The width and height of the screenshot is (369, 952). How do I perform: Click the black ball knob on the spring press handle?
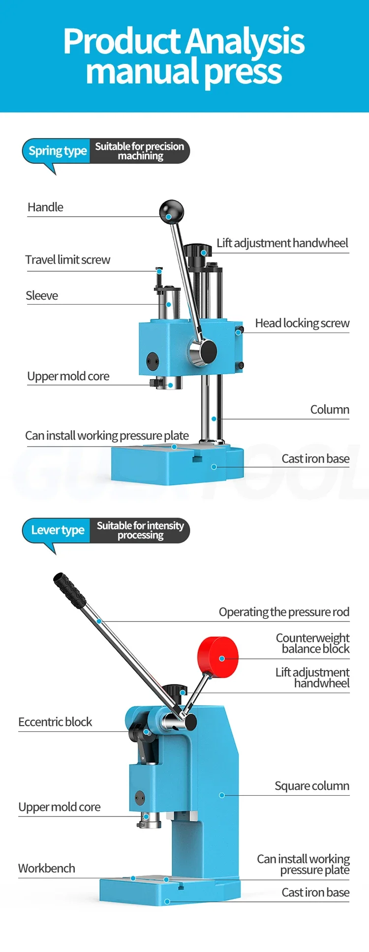pyautogui.click(x=171, y=212)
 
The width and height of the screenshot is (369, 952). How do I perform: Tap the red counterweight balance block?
pyautogui.click(x=218, y=657)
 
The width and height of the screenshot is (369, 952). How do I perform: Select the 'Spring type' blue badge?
pyautogui.click(x=57, y=151)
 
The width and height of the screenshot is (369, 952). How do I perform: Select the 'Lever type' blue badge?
pyautogui.click(x=57, y=531)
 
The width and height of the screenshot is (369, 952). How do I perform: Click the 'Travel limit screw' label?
pyautogui.click(x=68, y=260)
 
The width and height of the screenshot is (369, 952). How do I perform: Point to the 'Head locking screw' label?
pyautogui.click(x=302, y=323)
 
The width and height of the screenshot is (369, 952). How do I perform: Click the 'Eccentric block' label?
pyautogui.click(x=55, y=722)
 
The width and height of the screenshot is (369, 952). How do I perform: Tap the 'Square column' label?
pyautogui.click(x=312, y=786)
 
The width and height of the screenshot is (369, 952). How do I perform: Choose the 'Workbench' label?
pyautogui.click(x=47, y=868)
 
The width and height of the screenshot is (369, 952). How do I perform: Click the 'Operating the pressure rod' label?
pyautogui.click(x=284, y=612)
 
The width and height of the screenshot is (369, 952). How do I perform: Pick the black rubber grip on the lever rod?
pyautogui.click(x=69, y=590)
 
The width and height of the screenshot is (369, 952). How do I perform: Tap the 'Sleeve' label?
pyautogui.click(x=42, y=296)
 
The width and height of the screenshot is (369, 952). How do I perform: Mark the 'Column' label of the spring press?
pyautogui.click(x=330, y=410)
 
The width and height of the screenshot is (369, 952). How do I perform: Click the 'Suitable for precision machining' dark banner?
pyautogui.click(x=140, y=151)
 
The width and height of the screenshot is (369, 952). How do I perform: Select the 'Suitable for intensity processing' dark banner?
pyautogui.click(x=140, y=531)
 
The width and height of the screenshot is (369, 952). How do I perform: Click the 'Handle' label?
pyautogui.click(x=45, y=207)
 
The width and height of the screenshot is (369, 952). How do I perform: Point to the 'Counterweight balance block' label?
pyautogui.click(x=313, y=643)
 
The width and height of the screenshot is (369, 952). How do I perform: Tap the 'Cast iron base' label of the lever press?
pyautogui.click(x=315, y=893)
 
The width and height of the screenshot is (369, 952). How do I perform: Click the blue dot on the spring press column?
pyautogui.click(x=214, y=419)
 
